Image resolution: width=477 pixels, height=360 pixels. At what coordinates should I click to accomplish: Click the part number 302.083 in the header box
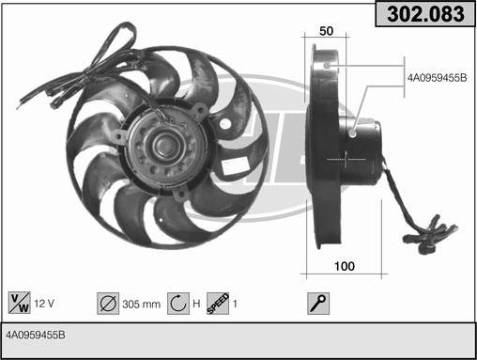[x=425, y=14]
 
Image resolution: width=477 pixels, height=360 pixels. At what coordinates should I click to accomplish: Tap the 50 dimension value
[x=326, y=31]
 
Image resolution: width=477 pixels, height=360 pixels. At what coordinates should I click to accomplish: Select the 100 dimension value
[x=345, y=266]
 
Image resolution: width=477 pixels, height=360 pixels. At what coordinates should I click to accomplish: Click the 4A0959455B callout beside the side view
[x=437, y=78]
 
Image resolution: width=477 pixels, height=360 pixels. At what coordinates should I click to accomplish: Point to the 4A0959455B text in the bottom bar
[x=36, y=335]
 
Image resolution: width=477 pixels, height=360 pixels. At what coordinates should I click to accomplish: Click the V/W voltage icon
[x=20, y=303]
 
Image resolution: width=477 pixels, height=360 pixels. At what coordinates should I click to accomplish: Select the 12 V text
[x=44, y=304]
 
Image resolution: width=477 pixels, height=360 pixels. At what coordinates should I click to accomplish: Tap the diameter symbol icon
[x=108, y=304]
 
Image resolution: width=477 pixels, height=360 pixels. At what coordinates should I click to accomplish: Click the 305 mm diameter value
[x=142, y=305]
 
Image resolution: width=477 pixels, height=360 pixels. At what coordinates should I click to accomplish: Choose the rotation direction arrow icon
[x=178, y=304]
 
